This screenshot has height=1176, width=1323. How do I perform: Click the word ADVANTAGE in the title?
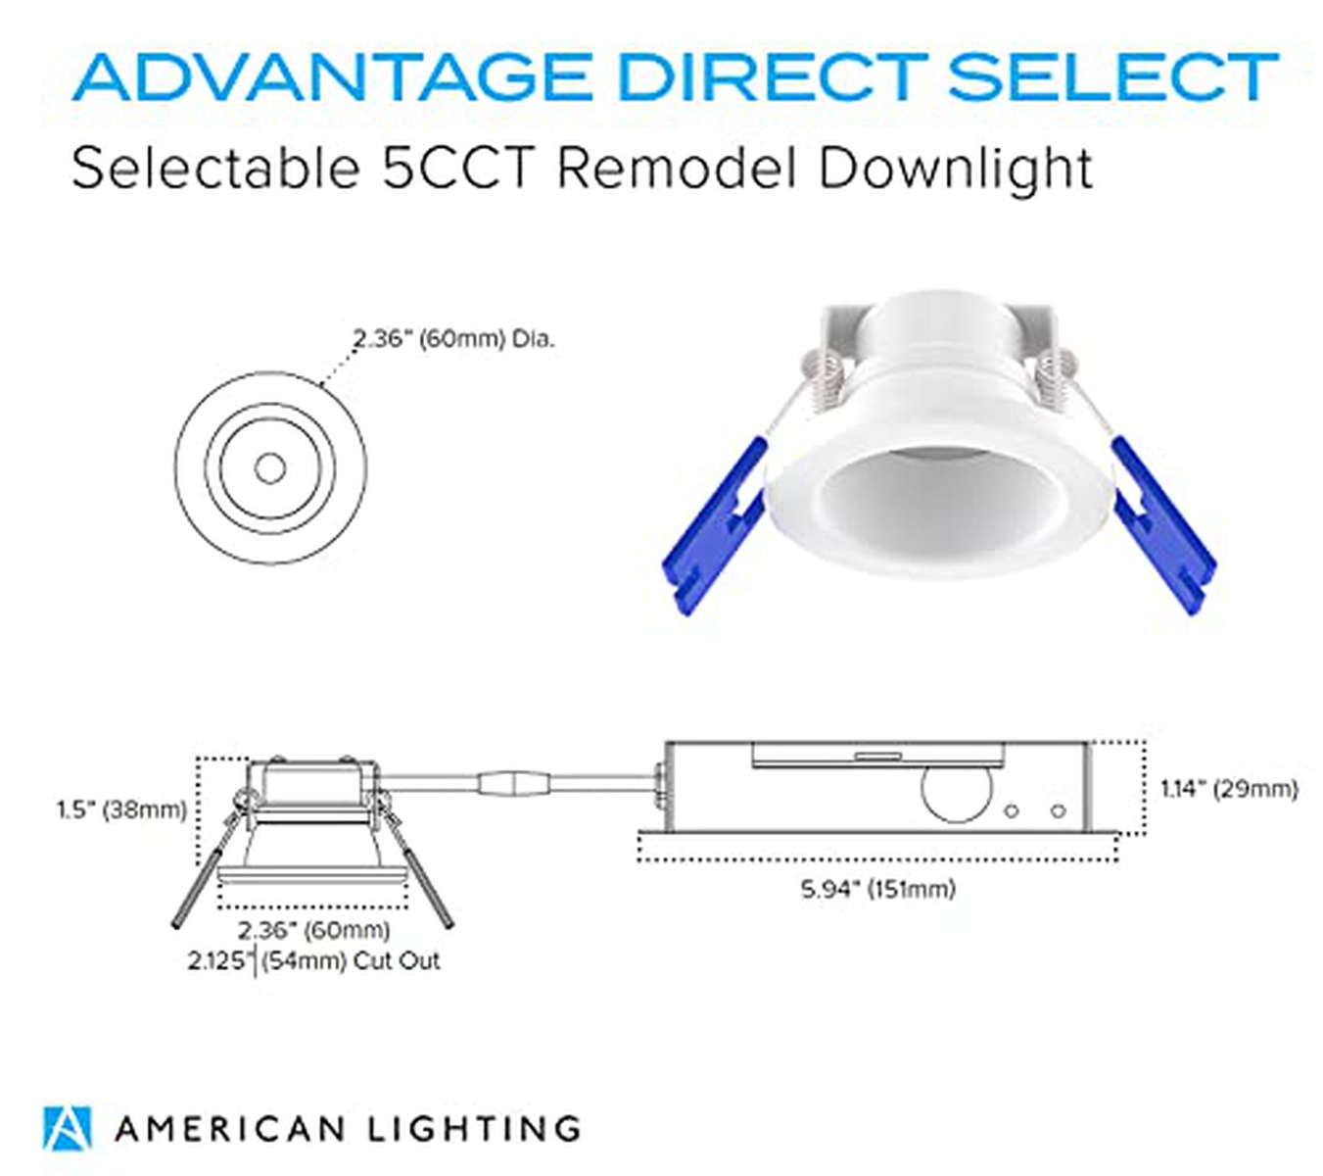[x=333, y=77]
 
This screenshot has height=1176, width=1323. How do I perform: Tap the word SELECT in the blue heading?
[x=1112, y=77]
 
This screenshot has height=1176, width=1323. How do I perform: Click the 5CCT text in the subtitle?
[x=458, y=170]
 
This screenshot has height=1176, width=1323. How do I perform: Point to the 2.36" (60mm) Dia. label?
[x=453, y=339]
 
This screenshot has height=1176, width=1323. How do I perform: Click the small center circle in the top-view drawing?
[x=269, y=468]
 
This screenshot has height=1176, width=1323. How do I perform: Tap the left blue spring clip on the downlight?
[x=713, y=526]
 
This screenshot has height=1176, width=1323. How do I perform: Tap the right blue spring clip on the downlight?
[x=1163, y=526]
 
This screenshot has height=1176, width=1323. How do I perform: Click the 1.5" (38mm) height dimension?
[x=122, y=810]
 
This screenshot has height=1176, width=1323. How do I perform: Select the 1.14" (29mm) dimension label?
[x=1228, y=789]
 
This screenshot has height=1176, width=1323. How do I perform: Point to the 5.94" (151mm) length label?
[x=877, y=889]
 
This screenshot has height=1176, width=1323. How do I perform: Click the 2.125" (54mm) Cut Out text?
[x=313, y=961]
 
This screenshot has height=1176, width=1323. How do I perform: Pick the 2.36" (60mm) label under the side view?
[x=313, y=930]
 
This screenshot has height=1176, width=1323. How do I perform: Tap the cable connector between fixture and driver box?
[x=514, y=784]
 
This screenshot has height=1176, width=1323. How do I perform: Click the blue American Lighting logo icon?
[x=68, y=1128]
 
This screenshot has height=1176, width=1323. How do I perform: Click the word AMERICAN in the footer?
[x=230, y=1129]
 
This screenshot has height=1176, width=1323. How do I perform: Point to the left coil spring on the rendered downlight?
[x=824, y=378]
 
